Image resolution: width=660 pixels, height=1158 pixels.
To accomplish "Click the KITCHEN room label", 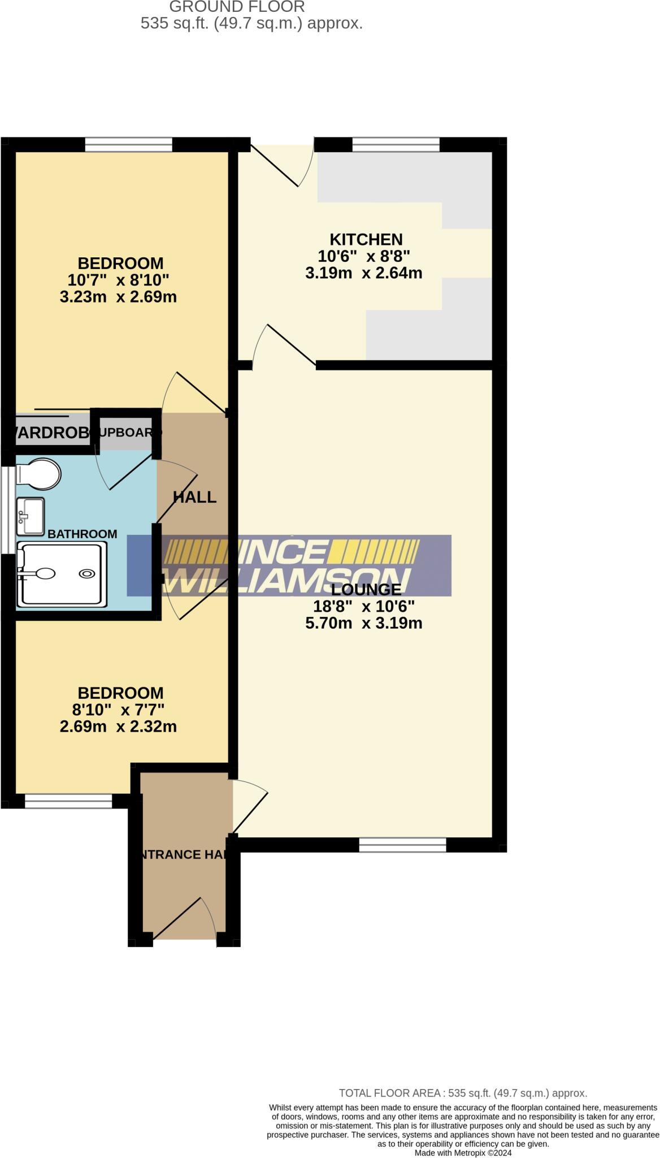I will pos(366,239).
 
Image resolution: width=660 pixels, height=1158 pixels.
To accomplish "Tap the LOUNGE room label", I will pos(366,590).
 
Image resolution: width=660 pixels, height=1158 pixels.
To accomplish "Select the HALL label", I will pos(194,497).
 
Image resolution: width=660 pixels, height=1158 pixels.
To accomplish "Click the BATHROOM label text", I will pos(82,534).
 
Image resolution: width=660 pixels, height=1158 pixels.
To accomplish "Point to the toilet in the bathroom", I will pos(38,474).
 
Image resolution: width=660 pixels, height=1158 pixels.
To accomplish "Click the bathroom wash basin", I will pos(31,516).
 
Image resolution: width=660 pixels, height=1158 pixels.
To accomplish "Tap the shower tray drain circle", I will pos(86,573).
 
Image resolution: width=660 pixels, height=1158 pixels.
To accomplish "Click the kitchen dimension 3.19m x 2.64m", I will pos(364,273).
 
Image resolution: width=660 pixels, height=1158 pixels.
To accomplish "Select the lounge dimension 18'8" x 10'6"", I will pos(364,607).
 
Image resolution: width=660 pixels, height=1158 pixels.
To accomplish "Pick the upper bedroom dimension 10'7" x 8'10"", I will pos(119,280).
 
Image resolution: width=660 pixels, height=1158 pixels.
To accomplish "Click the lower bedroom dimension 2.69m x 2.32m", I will pos(119,727).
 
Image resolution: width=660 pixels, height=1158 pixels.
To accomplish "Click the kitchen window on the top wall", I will pos(396,145).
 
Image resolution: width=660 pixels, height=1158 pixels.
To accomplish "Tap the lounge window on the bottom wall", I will pos(402,845).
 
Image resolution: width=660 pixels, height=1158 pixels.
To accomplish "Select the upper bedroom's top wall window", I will pos(128,145).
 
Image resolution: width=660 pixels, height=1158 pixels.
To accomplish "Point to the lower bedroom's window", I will pos(68,801).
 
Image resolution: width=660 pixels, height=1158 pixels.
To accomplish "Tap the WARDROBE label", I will pos(51,433).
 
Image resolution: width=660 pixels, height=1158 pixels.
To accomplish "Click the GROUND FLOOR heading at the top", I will pos(237,7).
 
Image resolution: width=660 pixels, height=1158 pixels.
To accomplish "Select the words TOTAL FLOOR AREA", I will pos(389,1093).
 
